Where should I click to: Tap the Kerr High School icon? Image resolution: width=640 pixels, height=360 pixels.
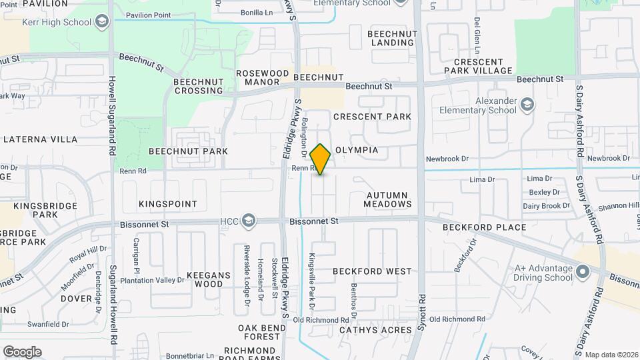tap(101, 23)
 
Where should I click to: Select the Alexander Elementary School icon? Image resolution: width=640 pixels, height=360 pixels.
tap(528, 105)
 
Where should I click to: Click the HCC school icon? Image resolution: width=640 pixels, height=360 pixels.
tap(248, 221)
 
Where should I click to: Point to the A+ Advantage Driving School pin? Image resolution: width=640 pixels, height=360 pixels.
tap(583, 272)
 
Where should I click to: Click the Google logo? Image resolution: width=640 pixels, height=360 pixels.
tap(22, 352)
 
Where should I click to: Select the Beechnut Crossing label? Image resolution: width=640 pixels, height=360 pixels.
tap(198, 86)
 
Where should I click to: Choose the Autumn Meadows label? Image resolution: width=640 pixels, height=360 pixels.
tap(388, 199)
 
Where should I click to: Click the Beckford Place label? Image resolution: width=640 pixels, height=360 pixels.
tap(484, 227)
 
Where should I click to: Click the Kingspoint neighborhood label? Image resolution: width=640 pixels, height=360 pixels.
tap(168, 203)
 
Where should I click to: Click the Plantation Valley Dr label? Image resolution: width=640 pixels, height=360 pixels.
tap(152, 280)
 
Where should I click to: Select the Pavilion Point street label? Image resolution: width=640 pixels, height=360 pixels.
tap(148, 15)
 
